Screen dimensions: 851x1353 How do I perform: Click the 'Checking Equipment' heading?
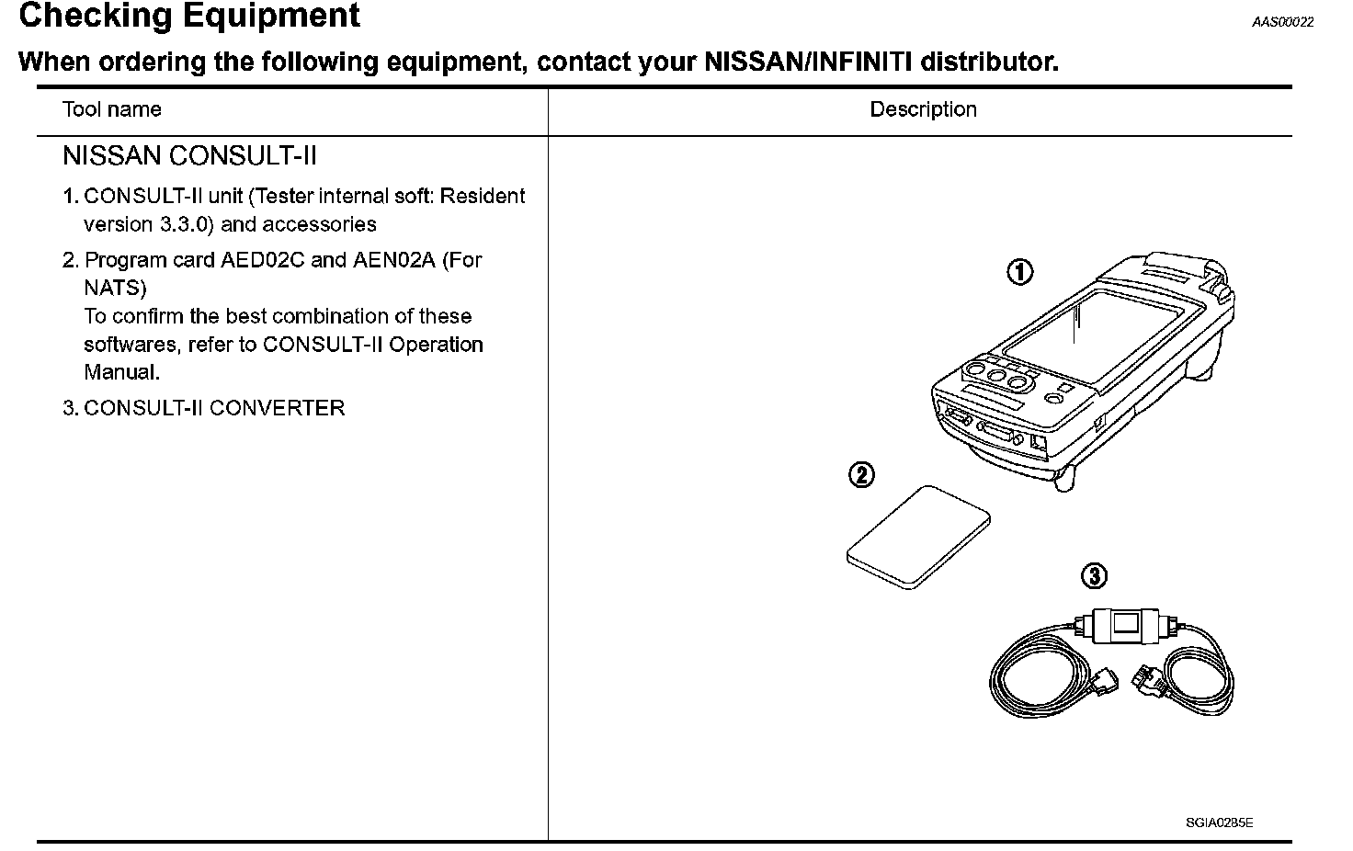coord(189,17)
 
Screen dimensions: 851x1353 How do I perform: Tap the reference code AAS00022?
coord(1282,23)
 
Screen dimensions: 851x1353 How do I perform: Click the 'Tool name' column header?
coord(111,109)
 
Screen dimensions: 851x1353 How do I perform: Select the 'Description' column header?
coord(923,109)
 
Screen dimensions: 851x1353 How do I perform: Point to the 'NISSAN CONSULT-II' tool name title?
coord(189,156)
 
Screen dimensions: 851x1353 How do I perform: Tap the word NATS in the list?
coord(115,289)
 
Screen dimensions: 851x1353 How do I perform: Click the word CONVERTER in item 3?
coord(277,408)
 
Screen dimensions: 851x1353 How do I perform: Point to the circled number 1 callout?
coord(1019,272)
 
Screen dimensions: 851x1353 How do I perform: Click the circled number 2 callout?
coord(861,475)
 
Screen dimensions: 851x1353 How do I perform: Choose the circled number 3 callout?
coord(1094,576)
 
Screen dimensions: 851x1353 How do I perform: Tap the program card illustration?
coord(917,537)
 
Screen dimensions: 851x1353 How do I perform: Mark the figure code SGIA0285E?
coord(1219,823)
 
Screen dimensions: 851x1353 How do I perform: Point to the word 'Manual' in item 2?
coord(120,372)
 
